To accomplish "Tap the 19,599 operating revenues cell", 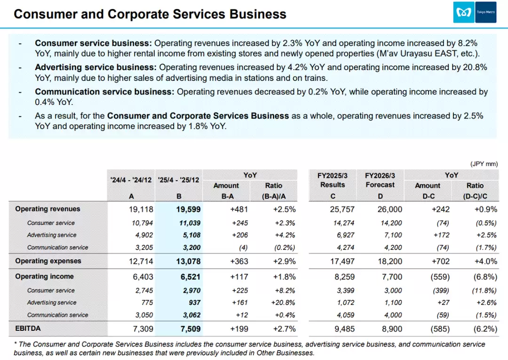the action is [188, 209].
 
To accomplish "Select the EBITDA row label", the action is [28, 328].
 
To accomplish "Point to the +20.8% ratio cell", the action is [283, 303].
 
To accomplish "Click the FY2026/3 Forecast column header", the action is [380, 180].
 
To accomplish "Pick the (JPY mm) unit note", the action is [484, 164].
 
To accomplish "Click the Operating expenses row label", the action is [48, 261].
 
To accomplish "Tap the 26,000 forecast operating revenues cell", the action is [390, 209].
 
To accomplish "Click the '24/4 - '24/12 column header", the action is [131, 180].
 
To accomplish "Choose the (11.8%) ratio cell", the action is [484, 290].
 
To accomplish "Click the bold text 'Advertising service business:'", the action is [96, 67].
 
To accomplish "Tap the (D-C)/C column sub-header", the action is [475, 196].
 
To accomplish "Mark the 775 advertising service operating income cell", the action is [147, 303].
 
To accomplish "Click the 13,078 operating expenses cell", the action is [188, 261].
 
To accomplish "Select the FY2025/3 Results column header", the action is [333, 180].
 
